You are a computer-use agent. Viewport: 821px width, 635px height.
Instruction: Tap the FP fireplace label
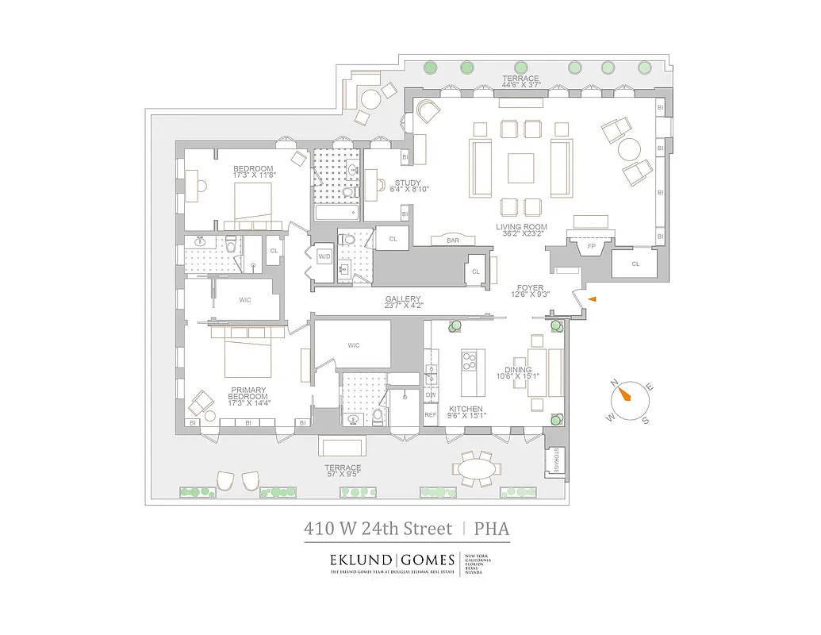point(590,246)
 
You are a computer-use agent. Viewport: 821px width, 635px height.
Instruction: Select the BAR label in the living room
point(454,239)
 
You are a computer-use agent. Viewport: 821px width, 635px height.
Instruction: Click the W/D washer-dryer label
point(324,256)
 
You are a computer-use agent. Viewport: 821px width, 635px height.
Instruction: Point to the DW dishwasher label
point(431,394)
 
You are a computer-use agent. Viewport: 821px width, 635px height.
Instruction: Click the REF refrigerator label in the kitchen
point(431,414)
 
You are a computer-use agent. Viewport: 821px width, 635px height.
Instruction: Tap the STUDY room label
point(408,183)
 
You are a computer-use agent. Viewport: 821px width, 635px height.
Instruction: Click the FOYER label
point(531,287)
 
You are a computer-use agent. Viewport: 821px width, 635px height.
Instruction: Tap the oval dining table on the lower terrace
point(478,470)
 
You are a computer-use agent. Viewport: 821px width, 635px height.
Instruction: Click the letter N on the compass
point(615,383)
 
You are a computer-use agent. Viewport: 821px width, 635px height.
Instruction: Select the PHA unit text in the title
point(492,528)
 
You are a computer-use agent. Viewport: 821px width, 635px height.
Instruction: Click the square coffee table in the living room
point(522,167)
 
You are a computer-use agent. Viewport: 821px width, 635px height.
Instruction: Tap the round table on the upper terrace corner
point(370,98)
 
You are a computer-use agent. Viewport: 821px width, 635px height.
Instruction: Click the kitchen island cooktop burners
point(469,362)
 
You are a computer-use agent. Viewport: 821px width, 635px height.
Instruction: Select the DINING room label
point(519,370)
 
